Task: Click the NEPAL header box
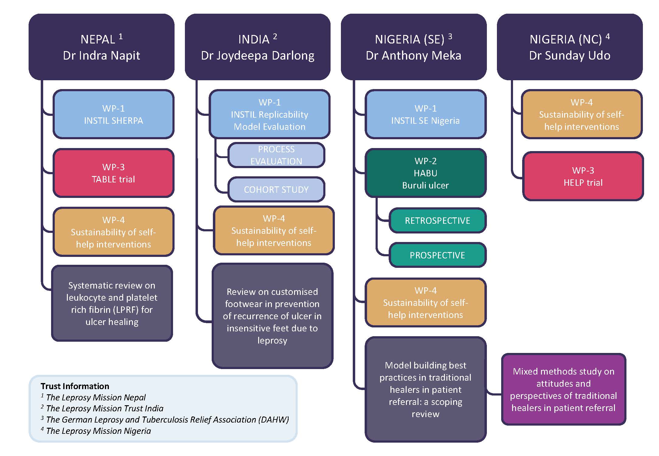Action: point(101,47)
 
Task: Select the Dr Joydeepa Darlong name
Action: point(258,56)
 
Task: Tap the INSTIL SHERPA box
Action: point(113,114)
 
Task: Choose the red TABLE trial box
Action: point(113,173)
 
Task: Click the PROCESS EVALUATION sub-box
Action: point(276,155)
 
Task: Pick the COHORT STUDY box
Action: point(276,190)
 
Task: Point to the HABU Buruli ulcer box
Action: point(425,173)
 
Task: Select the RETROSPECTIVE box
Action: point(437,220)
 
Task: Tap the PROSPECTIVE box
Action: point(437,255)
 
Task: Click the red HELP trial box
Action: point(583,176)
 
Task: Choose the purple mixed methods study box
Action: point(564,389)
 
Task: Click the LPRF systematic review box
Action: point(112,303)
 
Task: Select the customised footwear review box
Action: point(272,316)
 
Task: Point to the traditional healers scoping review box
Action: point(425,389)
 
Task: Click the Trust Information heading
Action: point(75,386)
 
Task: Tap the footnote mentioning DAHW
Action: point(167,420)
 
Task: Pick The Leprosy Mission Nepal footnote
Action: point(96,397)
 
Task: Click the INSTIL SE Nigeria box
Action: point(425,114)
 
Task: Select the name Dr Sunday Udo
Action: point(570,56)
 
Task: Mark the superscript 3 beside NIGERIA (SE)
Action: point(450,36)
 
